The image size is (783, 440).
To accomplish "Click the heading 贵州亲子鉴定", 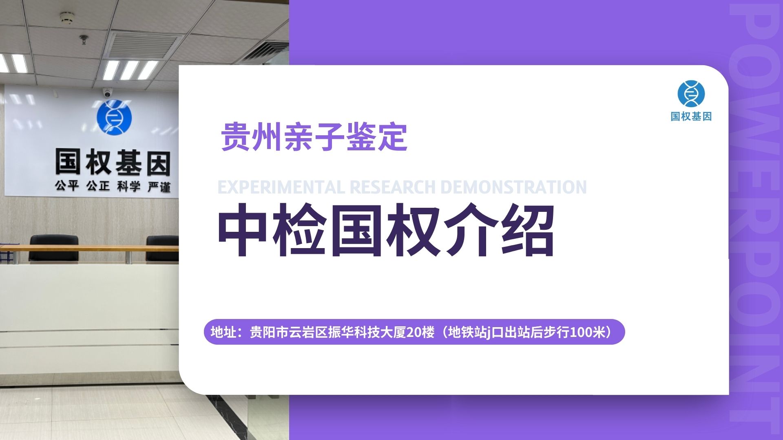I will (x=314, y=137).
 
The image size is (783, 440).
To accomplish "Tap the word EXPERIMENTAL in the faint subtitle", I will (x=281, y=187).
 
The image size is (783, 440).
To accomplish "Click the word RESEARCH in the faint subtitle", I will (x=392, y=187).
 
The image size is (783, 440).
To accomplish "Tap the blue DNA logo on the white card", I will (x=691, y=94).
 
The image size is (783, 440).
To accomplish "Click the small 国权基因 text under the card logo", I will (x=691, y=117).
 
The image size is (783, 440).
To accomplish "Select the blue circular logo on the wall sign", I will (x=114, y=118).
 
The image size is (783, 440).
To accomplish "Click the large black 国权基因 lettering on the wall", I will (x=113, y=162).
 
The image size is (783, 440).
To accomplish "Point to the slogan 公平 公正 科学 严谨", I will (x=113, y=187).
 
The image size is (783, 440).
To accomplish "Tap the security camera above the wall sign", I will (x=108, y=93).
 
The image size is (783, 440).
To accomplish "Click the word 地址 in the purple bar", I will (x=223, y=332).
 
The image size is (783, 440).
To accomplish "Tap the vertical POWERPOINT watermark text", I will (x=754, y=216).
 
